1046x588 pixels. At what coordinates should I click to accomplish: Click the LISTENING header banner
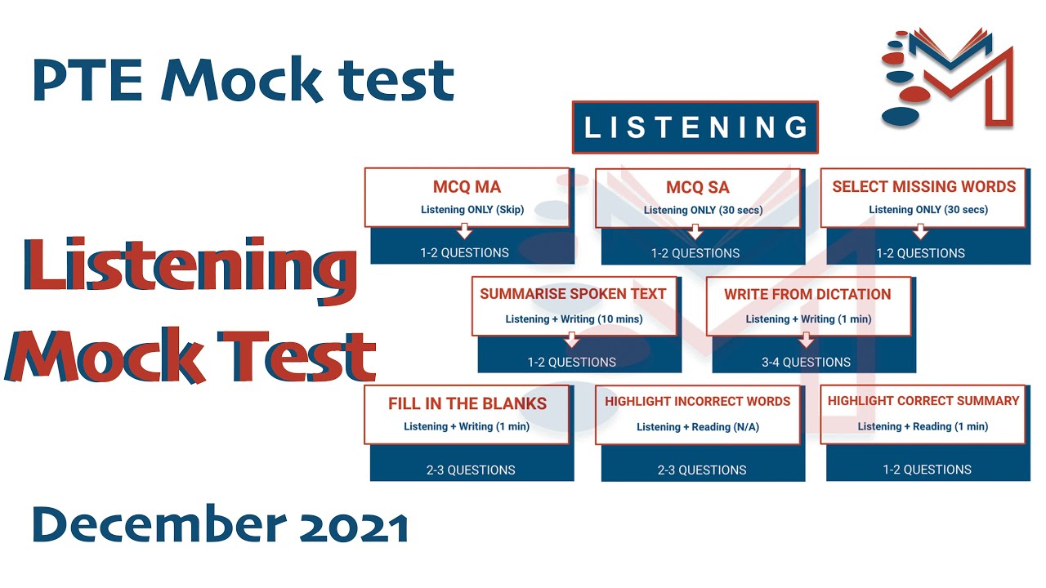[695, 127]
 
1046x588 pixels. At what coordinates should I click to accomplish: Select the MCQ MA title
[467, 187]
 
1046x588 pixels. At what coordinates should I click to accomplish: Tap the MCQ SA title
[697, 188]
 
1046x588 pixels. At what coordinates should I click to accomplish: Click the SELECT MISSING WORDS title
[923, 187]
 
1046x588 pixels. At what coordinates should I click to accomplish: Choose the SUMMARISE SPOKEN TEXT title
[573, 294]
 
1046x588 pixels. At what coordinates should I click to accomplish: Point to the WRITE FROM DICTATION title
[807, 294]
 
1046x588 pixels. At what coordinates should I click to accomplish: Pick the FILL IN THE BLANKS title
[467, 403]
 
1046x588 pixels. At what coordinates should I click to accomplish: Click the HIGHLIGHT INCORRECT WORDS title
[697, 402]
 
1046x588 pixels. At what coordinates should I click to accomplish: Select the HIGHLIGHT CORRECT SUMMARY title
[923, 401]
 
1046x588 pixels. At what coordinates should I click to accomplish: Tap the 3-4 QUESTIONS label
[806, 362]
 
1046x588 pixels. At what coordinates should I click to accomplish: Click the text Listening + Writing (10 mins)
[574, 319]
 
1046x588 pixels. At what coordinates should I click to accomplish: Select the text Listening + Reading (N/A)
[697, 427]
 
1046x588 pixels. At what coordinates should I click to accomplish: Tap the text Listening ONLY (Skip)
[472, 210]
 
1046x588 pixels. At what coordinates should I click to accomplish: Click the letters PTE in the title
[89, 80]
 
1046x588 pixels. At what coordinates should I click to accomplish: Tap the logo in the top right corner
[948, 78]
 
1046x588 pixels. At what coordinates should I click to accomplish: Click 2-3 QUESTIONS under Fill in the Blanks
[471, 470]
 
